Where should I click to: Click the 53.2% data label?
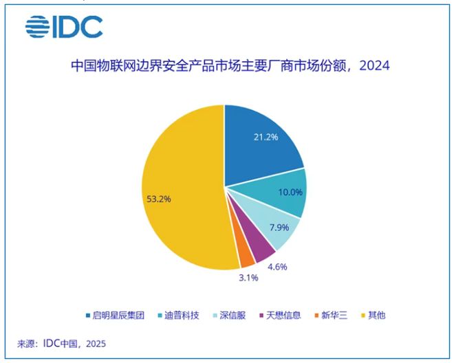click(158, 199)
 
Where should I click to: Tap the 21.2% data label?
click(265, 137)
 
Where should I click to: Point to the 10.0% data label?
click(289, 192)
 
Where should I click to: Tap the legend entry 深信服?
click(230, 315)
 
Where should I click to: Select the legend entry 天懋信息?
click(280, 315)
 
